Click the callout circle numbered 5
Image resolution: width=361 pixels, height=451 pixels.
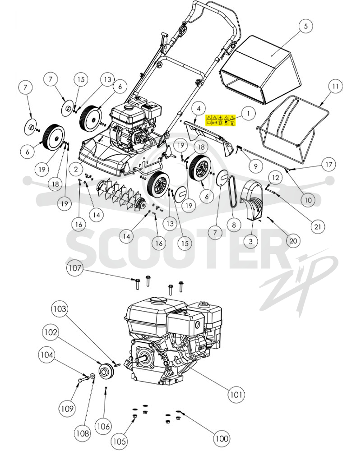pos(305,26)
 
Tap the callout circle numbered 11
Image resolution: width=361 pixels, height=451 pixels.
pos(335,86)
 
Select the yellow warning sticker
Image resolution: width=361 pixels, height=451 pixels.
pos(221,120)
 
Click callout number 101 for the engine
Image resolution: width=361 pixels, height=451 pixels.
pos(236,394)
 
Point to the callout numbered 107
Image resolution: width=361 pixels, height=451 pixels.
pos(75,268)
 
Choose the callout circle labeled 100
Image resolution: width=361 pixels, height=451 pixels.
pos(222,438)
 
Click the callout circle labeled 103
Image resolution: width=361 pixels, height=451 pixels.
pos(60,309)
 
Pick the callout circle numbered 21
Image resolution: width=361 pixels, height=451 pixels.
pos(317,227)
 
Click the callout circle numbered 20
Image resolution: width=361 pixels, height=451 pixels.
pos(293,240)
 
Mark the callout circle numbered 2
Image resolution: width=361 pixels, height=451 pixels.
pos(76,169)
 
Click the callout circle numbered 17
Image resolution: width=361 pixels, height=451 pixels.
pos(329,165)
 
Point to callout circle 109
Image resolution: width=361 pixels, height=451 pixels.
pos(67,409)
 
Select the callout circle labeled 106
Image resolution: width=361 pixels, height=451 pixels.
pos(103,426)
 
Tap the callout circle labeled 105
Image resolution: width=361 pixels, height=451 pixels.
pos(120,441)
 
